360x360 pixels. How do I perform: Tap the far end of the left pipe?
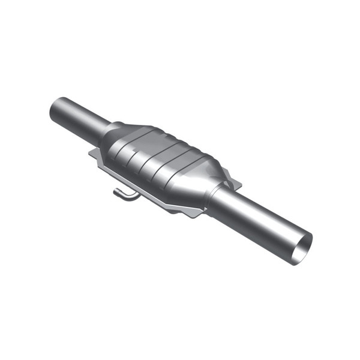(x=56, y=110)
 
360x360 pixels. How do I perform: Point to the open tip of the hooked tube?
(x=115, y=193)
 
